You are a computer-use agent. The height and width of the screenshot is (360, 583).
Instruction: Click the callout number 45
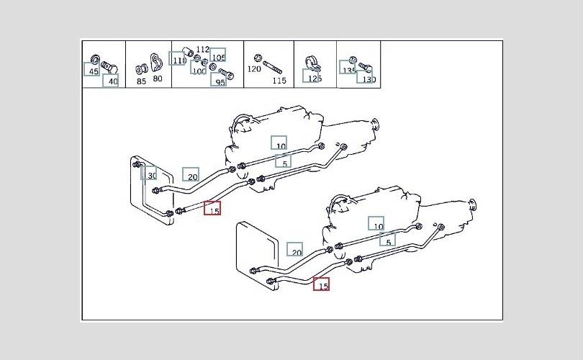[93, 71]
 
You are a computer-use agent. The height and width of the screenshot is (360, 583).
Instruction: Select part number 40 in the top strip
[111, 81]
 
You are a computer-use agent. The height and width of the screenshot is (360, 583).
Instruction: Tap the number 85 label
[141, 81]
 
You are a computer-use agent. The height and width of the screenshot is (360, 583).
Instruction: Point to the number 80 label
[158, 78]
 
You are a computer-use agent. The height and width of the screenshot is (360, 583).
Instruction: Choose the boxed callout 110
[178, 60]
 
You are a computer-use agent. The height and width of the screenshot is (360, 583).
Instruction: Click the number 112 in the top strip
[202, 50]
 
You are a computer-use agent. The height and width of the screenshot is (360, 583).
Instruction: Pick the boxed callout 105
[218, 57]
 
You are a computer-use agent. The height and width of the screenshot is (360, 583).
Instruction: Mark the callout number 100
[199, 71]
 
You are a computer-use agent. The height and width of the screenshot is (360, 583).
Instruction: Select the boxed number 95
[220, 82]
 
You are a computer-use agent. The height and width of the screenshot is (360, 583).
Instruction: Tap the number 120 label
[254, 69]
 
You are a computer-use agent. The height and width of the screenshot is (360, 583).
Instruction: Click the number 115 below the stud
[279, 81]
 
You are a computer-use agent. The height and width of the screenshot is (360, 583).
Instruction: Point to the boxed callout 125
[314, 78]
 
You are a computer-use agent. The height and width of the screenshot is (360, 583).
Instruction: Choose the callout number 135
[349, 71]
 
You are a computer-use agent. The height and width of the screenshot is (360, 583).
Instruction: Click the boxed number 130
[369, 79]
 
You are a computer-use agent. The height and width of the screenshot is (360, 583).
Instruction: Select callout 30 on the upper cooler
[150, 175]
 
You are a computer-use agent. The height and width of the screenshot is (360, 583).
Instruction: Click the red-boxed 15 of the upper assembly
[213, 210]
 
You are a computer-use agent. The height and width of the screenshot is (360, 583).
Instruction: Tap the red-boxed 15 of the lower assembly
[322, 286]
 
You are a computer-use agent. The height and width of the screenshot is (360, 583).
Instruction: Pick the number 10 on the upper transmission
[280, 146]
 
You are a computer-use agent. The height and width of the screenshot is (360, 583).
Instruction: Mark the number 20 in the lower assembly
[296, 252]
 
